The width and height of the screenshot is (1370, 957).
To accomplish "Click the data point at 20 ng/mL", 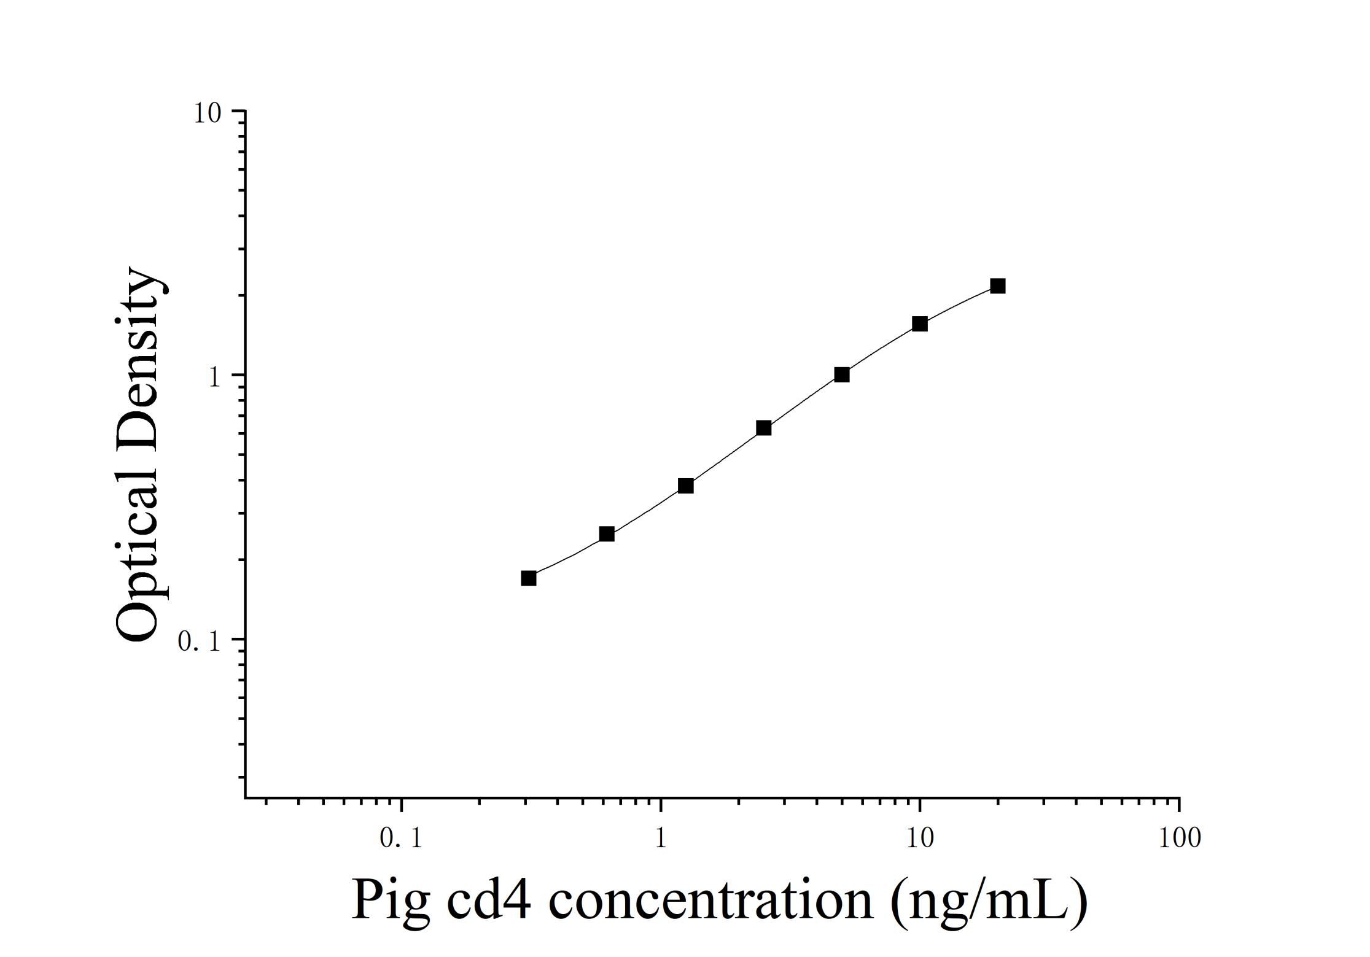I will (x=998, y=286).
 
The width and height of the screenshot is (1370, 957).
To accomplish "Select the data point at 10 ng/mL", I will (x=919, y=324).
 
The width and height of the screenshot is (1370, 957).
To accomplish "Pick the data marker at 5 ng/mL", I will (x=842, y=374).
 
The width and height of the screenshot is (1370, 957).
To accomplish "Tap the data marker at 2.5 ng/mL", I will (x=764, y=428).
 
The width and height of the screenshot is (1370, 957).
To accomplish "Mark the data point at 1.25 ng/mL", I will (x=686, y=486).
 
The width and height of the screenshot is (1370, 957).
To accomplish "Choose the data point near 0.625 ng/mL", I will (x=607, y=534).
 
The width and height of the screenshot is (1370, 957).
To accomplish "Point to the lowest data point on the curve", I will (x=529, y=578).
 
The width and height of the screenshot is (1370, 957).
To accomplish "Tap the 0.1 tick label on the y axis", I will (x=198, y=641).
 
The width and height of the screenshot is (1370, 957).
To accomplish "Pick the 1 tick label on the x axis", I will (x=661, y=838).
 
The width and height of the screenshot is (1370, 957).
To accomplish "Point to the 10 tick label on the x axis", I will (x=919, y=838).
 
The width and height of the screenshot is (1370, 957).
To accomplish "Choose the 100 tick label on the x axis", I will (x=1179, y=838).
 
